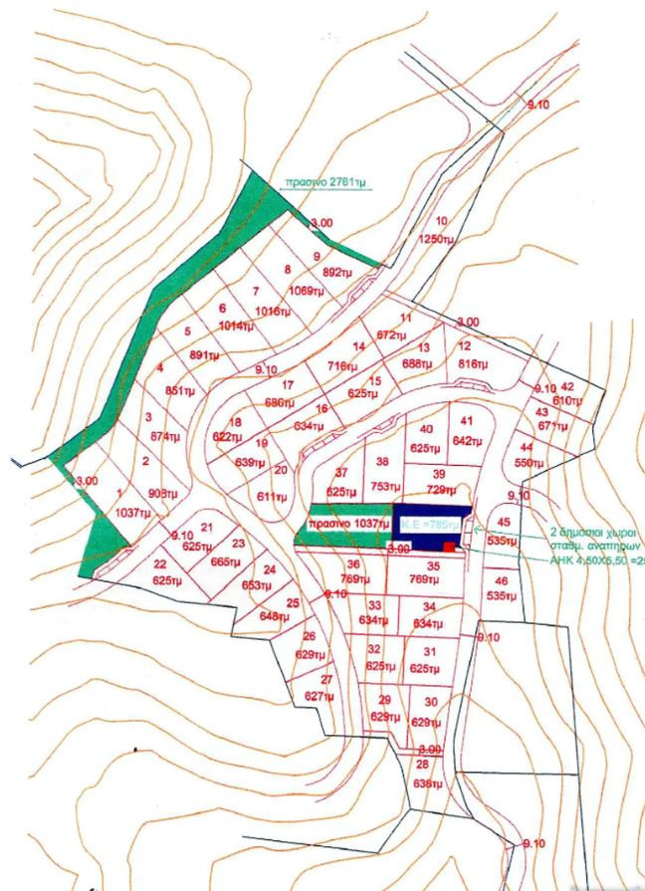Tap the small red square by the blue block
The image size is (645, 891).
(x=449, y=547)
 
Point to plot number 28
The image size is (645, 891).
(x=422, y=765)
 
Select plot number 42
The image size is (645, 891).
(x=567, y=386)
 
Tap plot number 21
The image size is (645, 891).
(x=207, y=527)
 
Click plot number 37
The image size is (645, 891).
(x=341, y=472)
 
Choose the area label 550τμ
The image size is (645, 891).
(x=526, y=464)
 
